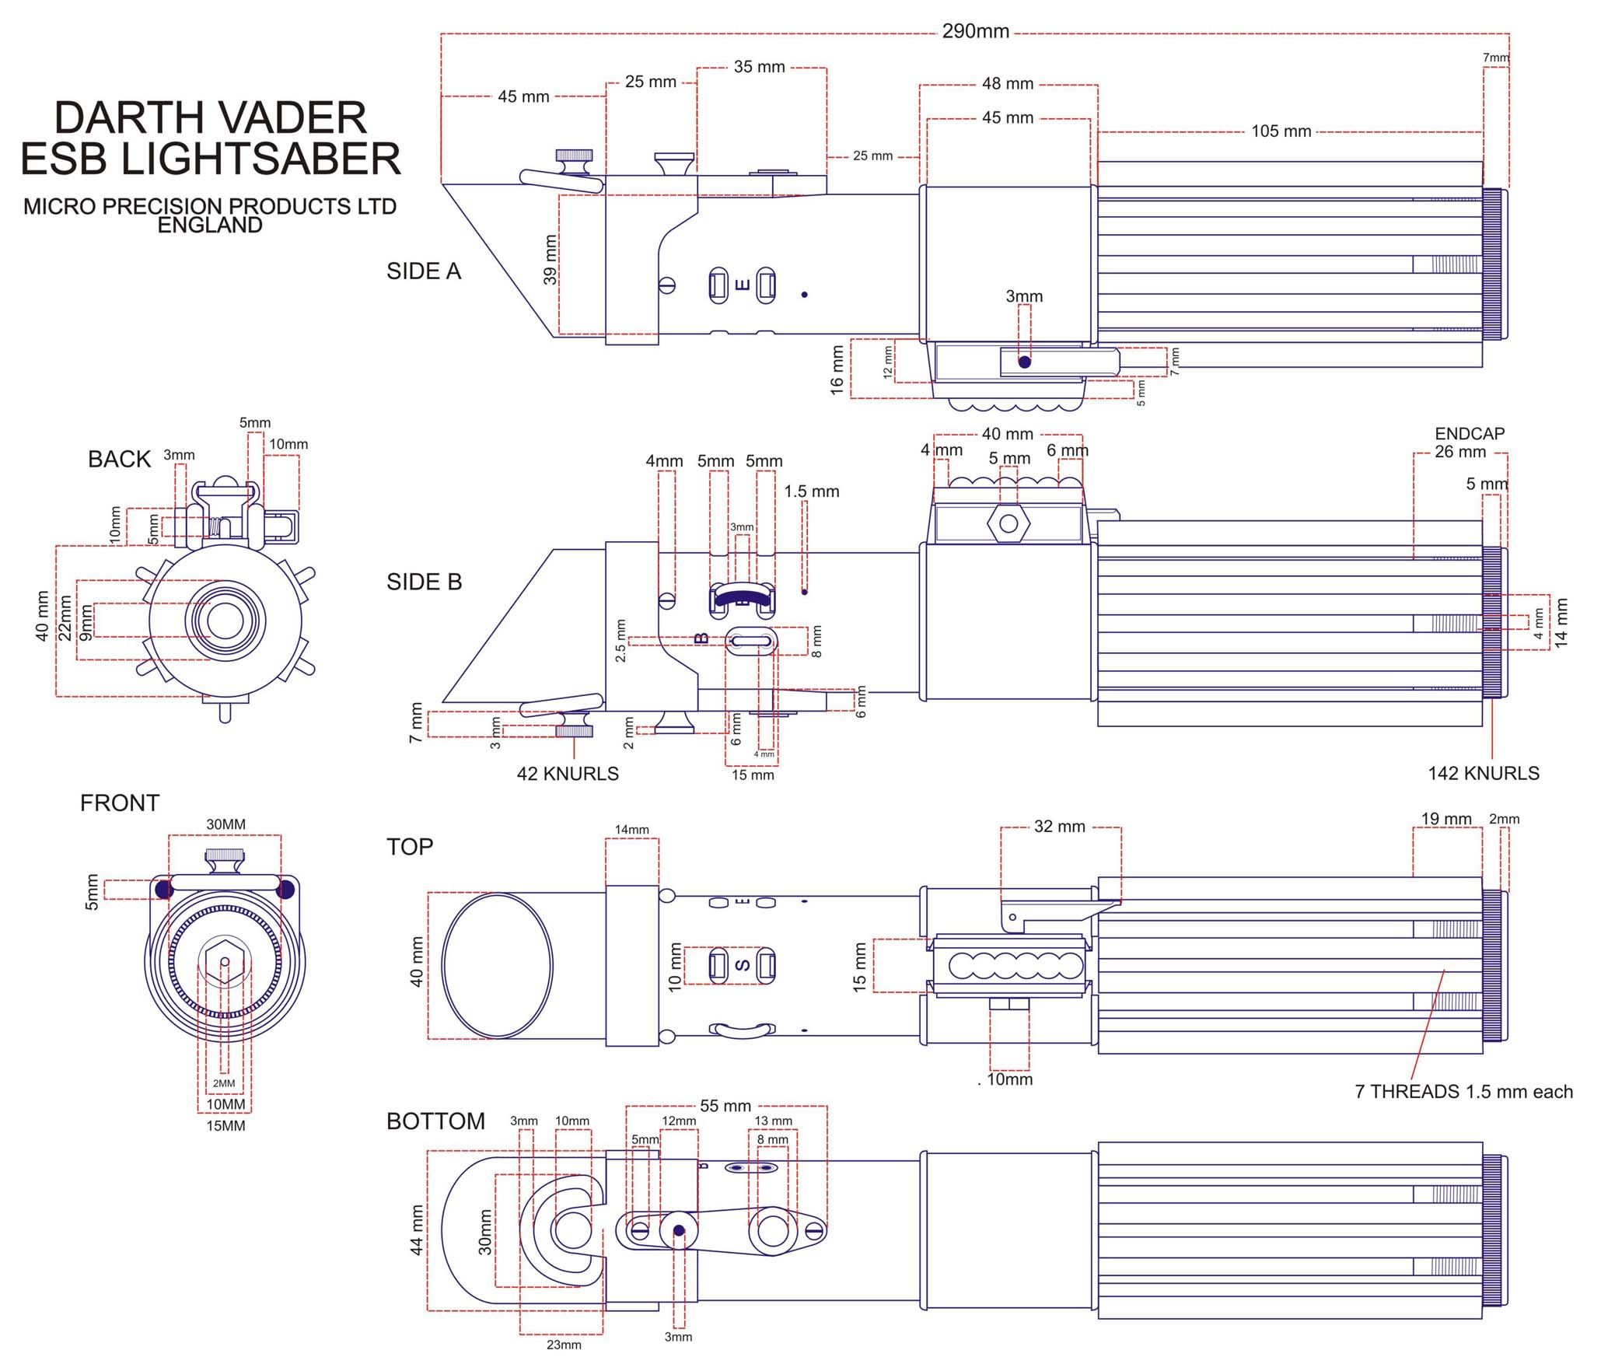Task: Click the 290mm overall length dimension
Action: tap(975, 32)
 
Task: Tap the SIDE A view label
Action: tap(424, 271)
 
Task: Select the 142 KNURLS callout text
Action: tap(1483, 773)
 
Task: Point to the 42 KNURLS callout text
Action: tap(568, 774)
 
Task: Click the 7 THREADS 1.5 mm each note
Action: tap(1463, 1092)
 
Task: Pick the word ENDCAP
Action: tap(1470, 433)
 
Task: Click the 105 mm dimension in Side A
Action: tap(1281, 131)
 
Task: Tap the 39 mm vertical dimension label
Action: tap(551, 260)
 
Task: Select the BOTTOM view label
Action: tap(435, 1121)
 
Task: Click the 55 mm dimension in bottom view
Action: tap(725, 1106)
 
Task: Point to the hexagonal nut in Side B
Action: tap(1008, 523)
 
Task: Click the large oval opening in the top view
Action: tap(498, 965)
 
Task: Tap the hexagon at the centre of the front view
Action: tap(225, 962)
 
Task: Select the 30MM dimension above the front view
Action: tap(225, 824)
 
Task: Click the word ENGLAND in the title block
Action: tap(210, 226)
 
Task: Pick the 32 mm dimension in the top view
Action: tap(1059, 827)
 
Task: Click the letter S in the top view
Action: tap(743, 965)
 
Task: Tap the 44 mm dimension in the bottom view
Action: tap(417, 1230)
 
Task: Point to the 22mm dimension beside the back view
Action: tap(65, 617)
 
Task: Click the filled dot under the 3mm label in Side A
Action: tap(1025, 362)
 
